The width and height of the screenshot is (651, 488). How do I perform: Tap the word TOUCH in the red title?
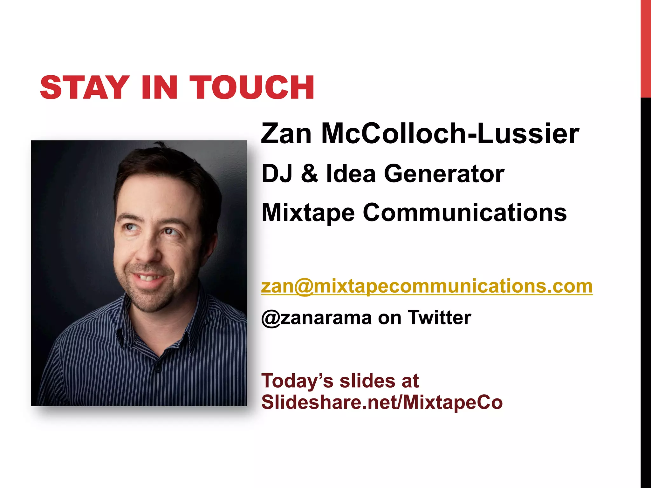point(252,87)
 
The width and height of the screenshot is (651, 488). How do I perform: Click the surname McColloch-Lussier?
point(450,133)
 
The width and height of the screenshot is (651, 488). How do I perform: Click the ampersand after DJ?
point(309,174)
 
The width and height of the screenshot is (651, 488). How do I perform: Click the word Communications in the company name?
point(465,212)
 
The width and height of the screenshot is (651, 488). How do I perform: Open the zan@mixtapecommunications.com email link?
point(427,286)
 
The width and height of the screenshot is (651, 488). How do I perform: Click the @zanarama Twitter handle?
point(316,318)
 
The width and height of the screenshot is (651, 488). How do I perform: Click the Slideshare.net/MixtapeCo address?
point(382,402)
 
